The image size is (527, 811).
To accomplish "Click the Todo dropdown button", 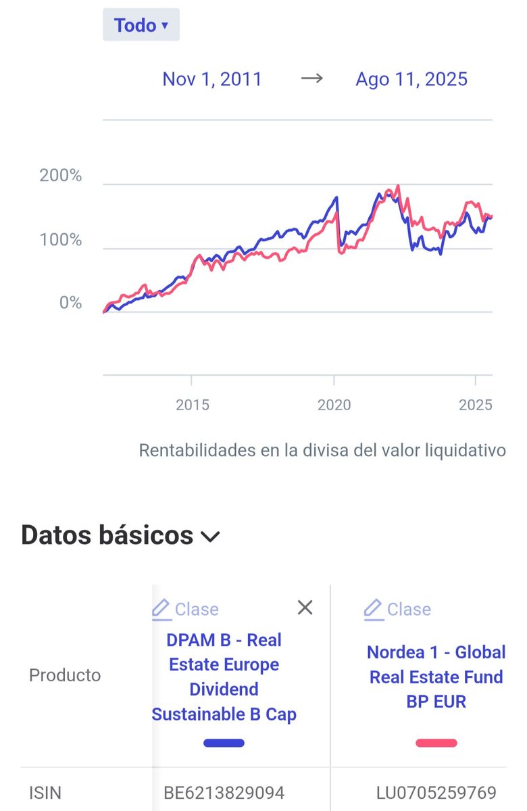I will pos(141,26).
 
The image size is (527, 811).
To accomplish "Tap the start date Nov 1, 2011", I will pos(211,79).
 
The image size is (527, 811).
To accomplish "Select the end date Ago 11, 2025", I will pos(411,79).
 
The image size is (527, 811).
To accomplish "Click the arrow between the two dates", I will pos(311,78).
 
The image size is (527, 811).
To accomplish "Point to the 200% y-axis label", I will pos(61,176).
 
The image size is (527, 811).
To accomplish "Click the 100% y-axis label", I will pos(61,240).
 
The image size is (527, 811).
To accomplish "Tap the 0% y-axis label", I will pos(70,303).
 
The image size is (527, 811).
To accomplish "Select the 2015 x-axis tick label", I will pos(192,405).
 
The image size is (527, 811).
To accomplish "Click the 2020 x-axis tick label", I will pos(334,405).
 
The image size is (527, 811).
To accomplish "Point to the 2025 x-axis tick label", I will pos(476,405).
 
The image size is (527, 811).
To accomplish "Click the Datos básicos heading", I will pos(107,535).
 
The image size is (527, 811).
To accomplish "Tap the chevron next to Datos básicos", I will pos(210,537).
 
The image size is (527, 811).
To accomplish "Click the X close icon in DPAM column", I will pos(305,608).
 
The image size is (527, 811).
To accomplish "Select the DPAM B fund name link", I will pos(224,677).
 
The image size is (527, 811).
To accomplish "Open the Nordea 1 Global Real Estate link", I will pos(436,677).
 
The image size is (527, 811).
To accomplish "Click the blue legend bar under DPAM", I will pos(224,743).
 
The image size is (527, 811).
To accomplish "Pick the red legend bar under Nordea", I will pos(436,743).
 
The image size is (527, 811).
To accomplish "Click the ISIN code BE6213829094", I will pos(224,792).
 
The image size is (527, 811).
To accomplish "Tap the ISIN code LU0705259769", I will pos(436,792).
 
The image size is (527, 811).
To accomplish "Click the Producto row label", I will pos(65,675).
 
